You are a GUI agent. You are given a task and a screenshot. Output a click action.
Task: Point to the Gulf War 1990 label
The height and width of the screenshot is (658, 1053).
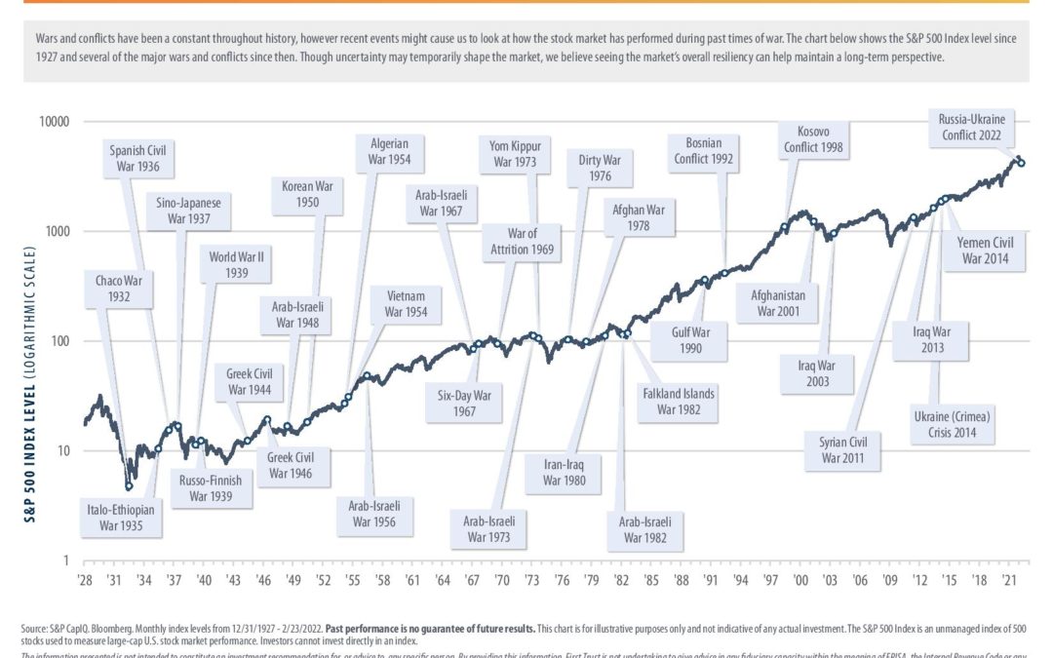691,339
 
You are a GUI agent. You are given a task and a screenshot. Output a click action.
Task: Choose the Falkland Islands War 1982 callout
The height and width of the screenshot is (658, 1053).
679,402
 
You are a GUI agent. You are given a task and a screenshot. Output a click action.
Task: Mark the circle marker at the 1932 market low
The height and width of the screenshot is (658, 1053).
129,485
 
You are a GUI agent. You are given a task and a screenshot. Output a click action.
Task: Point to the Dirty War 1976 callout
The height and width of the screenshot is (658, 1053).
600,167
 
